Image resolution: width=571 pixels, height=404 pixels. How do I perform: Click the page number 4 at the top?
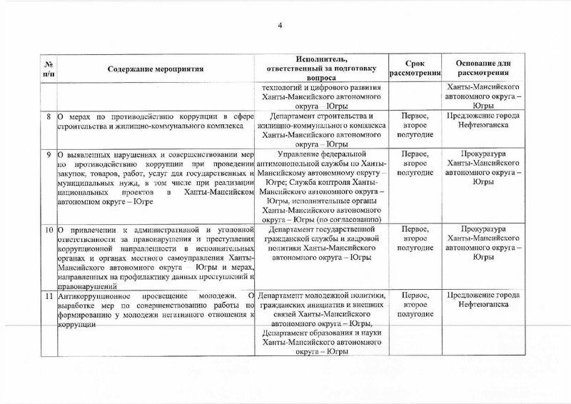pos(280,26)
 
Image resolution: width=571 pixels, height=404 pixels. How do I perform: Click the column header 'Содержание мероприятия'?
pos(156,69)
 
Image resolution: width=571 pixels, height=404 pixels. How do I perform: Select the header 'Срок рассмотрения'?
pos(415,69)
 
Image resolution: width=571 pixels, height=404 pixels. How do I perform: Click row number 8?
pos(48,116)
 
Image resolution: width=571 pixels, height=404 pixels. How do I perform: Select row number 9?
pos(48,154)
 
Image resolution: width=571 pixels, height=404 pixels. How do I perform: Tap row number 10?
pos(47,230)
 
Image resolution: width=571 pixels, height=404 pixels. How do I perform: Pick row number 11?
pos(47,296)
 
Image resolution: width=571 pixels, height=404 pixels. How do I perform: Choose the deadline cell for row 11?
pos(415,305)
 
